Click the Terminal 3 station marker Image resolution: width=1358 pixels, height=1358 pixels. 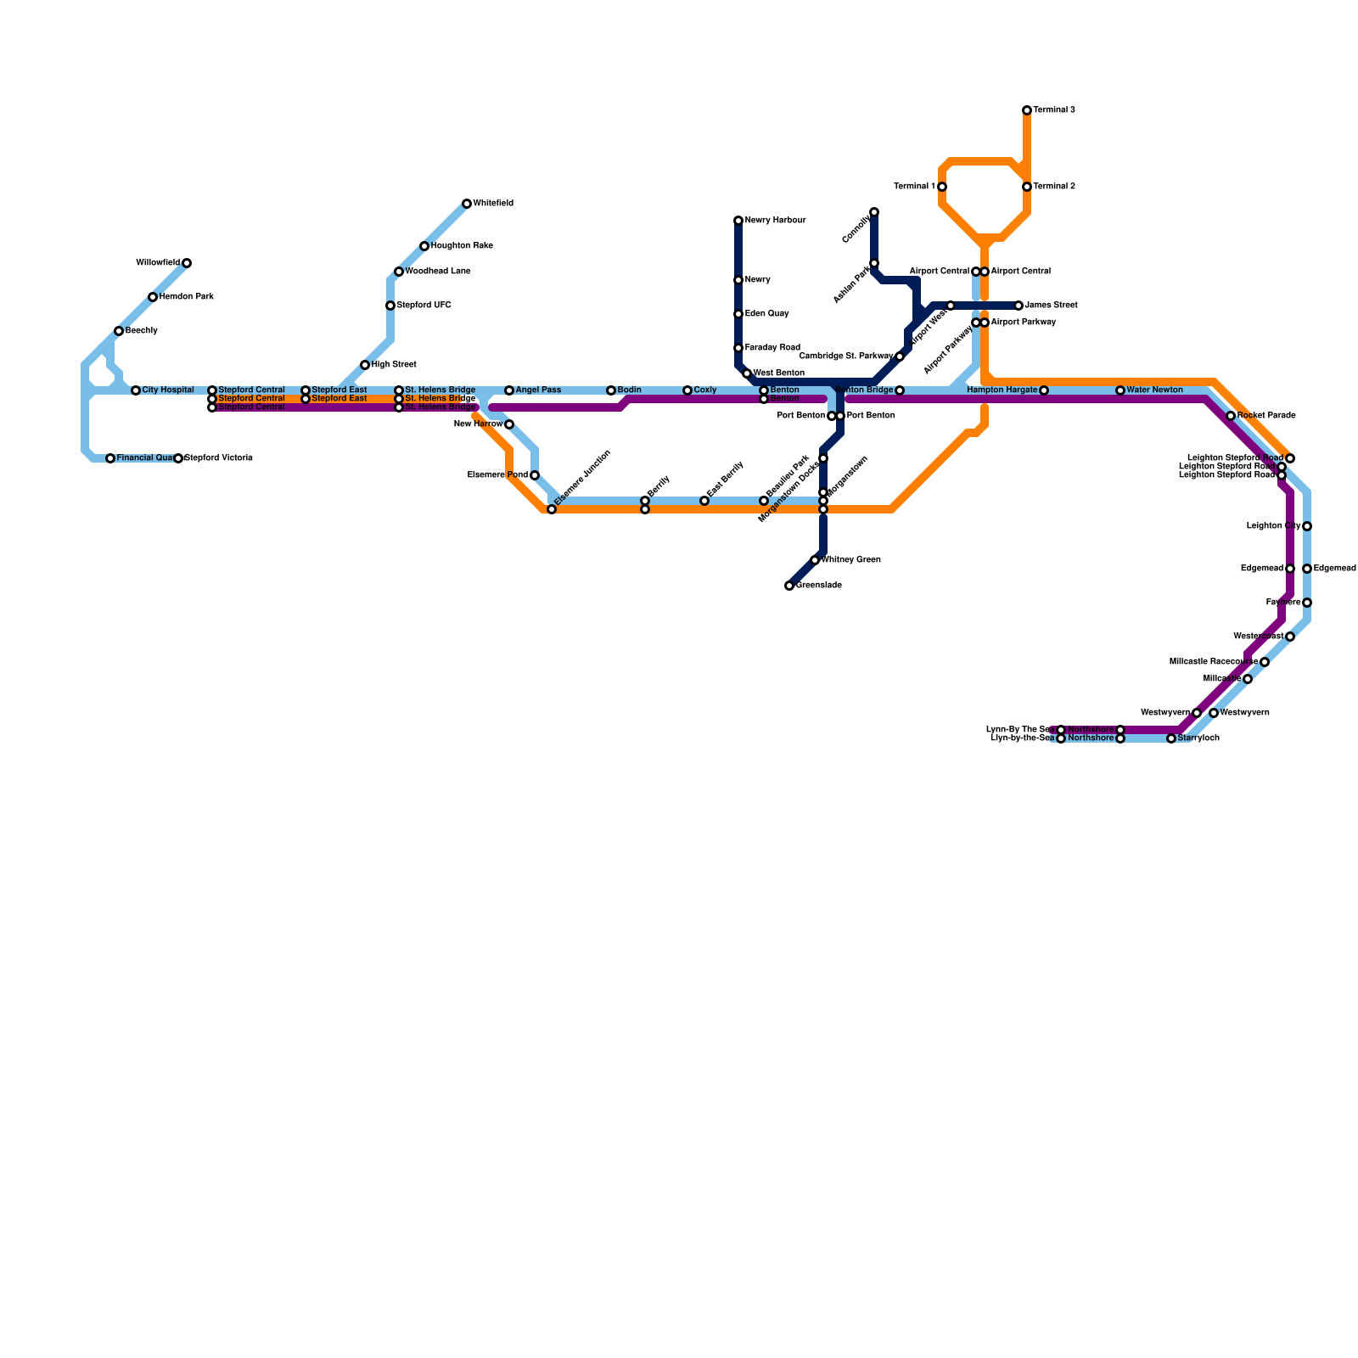[x=1027, y=110]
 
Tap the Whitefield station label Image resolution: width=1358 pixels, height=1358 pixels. [x=493, y=204]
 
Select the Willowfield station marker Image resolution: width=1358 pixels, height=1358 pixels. [x=187, y=263]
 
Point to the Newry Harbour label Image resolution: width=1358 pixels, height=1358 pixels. [x=775, y=221]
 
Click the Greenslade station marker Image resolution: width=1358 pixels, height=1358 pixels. [x=789, y=586]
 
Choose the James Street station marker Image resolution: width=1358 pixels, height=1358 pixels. [x=1018, y=306]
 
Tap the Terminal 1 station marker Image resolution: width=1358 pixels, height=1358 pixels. [x=942, y=187]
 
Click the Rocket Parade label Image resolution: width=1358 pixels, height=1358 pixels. [x=1266, y=416]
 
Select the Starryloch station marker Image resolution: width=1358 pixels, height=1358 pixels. [x=1171, y=738]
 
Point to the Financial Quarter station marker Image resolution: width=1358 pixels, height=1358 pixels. [x=110, y=458]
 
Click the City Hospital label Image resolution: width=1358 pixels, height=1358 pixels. [x=168, y=390]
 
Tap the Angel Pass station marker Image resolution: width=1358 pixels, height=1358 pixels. [x=509, y=390]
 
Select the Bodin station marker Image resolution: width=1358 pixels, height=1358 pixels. [x=611, y=390]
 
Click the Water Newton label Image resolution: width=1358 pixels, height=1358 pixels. [x=1154, y=390]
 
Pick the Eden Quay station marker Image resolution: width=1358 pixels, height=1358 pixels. [x=738, y=314]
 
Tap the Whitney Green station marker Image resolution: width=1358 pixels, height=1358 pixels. [x=815, y=560]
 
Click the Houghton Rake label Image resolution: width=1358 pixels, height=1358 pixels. [x=462, y=246]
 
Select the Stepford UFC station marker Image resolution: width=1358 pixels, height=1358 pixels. [x=390, y=306]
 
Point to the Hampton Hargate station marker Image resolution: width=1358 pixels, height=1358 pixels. [x=1044, y=390]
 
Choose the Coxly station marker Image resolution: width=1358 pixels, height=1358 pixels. [x=687, y=390]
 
